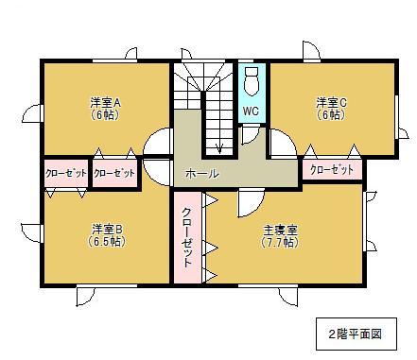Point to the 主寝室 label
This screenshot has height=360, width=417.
[280, 229]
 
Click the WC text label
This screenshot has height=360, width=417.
[251, 111]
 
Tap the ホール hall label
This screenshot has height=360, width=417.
[202, 175]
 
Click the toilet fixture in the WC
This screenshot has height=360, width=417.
[251, 81]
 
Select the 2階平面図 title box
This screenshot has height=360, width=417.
[355, 334]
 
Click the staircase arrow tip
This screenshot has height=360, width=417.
[219, 149]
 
